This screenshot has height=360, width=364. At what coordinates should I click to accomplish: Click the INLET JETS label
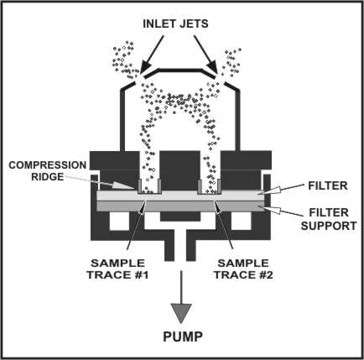click(x=175, y=23)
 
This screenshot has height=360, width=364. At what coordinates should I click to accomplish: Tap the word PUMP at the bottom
click(x=183, y=337)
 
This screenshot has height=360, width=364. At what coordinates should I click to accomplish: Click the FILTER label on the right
click(x=328, y=185)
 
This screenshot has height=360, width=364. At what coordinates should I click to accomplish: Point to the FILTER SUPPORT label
click(x=329, y=219)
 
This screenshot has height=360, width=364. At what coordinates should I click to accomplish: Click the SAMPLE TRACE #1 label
click(x=117, y=269)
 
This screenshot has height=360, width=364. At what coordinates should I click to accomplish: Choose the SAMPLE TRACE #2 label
click(x=243, y=269)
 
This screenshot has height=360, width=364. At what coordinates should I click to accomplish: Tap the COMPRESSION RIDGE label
click(x=47, y=170)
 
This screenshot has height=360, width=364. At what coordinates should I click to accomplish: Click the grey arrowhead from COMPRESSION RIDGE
click(x=122, y=185)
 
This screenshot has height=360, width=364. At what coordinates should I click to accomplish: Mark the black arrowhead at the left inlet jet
click(x=144, y=67)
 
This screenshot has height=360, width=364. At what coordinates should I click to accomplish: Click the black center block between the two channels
click(x=179, y=171)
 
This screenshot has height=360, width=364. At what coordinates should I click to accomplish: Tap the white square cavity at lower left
click(x=119, y=221)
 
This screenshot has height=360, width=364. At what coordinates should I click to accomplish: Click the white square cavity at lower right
click(x=242, y=221)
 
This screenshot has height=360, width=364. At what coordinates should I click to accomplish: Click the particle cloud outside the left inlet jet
click(x=125, y=60)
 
